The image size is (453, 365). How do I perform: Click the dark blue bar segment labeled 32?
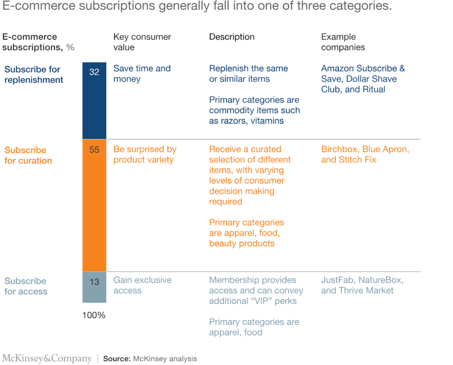tap(94, 101)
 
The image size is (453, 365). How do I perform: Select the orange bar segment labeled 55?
tap(94, 205)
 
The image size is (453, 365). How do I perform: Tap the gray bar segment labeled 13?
tap(94, 287)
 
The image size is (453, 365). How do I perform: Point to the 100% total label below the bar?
tap(94, 315)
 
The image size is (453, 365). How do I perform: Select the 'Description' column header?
tap(232, 37)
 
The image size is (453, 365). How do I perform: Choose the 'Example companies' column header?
tap(343, 42)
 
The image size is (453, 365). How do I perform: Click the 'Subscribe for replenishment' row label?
tap(34, 75)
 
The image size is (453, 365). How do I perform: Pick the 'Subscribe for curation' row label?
tap(28, 155)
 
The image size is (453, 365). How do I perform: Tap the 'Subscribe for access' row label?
tap(26, 286)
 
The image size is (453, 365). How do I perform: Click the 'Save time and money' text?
tap(142, 73)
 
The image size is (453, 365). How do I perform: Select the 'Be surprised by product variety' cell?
tap(145, 154)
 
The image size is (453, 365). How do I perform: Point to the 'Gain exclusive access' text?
tap(142, 285)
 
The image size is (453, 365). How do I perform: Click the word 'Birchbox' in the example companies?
tap(339, 149)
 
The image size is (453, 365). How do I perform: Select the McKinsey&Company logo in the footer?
tap(47, 358)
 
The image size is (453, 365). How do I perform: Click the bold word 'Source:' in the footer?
tap(117, 359)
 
